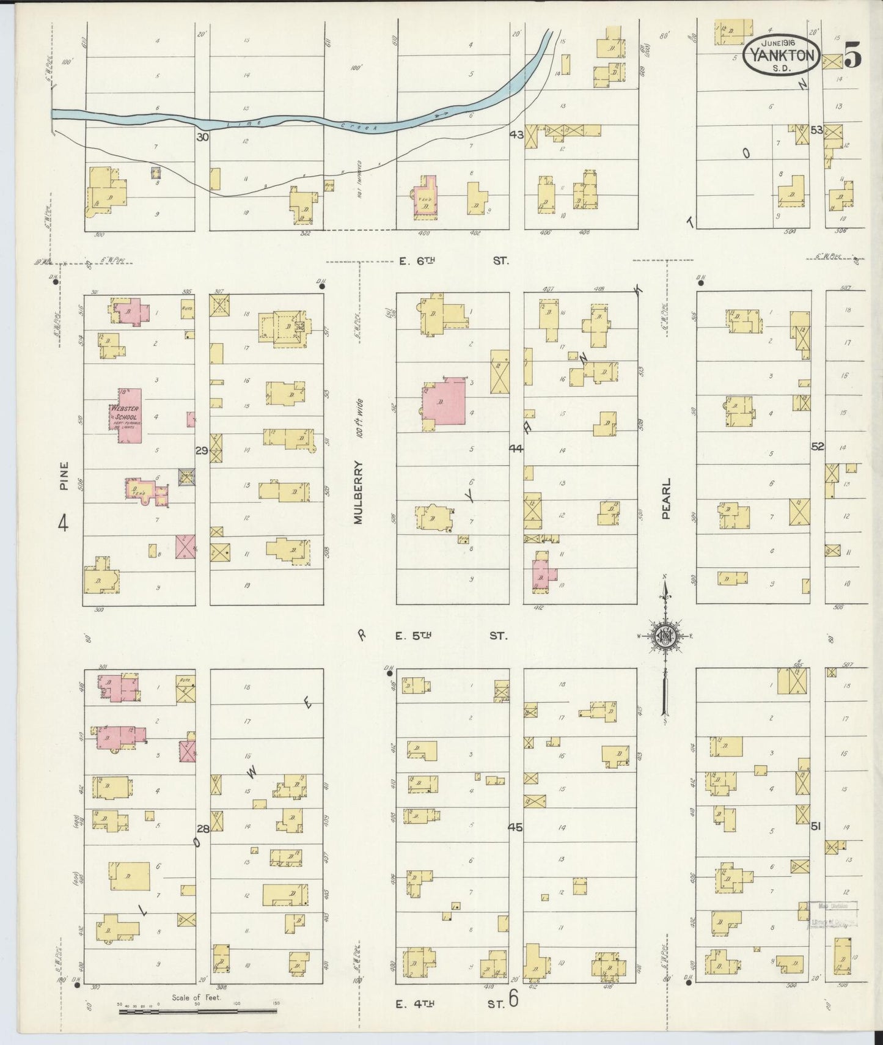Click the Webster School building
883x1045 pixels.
pyautogui.click(x=126, y=416)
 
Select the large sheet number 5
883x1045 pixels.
pyautogui.click(x=853, y=56)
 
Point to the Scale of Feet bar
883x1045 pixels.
pyautogui.click(x=198, y=1011)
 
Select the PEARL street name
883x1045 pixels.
pyautogui.click(x=666, y=499)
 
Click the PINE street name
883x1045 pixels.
pyautogui.click(x=64, y=476)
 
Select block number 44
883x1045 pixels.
pyautogui.click(x=516, y=449)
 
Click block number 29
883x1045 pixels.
pyautogui.click(x=202, y=450)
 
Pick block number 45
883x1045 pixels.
pyautogui.click(x=515, y=827)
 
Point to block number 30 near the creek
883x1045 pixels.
pyautogui.click(x=202, y=137)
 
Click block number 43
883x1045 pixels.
pyautogui.click(x=516, y=135)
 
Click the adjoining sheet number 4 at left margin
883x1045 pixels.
pyautogui.click(x=63, y=523)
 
